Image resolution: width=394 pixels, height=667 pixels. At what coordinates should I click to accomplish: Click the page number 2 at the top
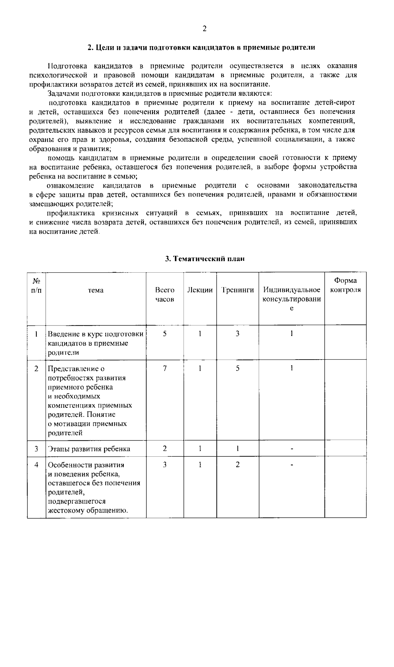point(204,29)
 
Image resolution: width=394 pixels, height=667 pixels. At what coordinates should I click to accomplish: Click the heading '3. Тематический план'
point(205,259)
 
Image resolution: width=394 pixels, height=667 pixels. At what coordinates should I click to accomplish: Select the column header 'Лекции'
point(200,290)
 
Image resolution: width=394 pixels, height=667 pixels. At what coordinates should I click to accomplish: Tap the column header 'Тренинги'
point(237,290)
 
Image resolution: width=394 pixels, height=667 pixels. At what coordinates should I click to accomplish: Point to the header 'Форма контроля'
point(345,285)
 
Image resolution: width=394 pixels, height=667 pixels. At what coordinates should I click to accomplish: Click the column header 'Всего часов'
point(164,295)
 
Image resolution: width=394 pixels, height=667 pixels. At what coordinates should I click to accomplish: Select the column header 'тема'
point(96,290)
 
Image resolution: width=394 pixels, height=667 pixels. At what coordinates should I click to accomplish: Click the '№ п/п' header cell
point(36,285)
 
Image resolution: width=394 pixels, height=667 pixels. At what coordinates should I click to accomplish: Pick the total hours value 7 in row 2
point(164,368)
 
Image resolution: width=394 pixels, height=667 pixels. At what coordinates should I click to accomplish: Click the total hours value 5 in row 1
point(164,334)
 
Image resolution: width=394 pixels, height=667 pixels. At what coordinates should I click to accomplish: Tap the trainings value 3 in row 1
point(237,334)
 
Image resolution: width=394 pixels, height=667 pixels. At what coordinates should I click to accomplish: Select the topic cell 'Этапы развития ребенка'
point(89,449)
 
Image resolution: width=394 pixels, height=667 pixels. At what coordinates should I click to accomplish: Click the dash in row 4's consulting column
point(292,465)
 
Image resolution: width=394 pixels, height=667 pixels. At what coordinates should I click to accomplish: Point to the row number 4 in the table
point(36,465)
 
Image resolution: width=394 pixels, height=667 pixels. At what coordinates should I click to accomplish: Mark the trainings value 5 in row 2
point(237,368)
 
